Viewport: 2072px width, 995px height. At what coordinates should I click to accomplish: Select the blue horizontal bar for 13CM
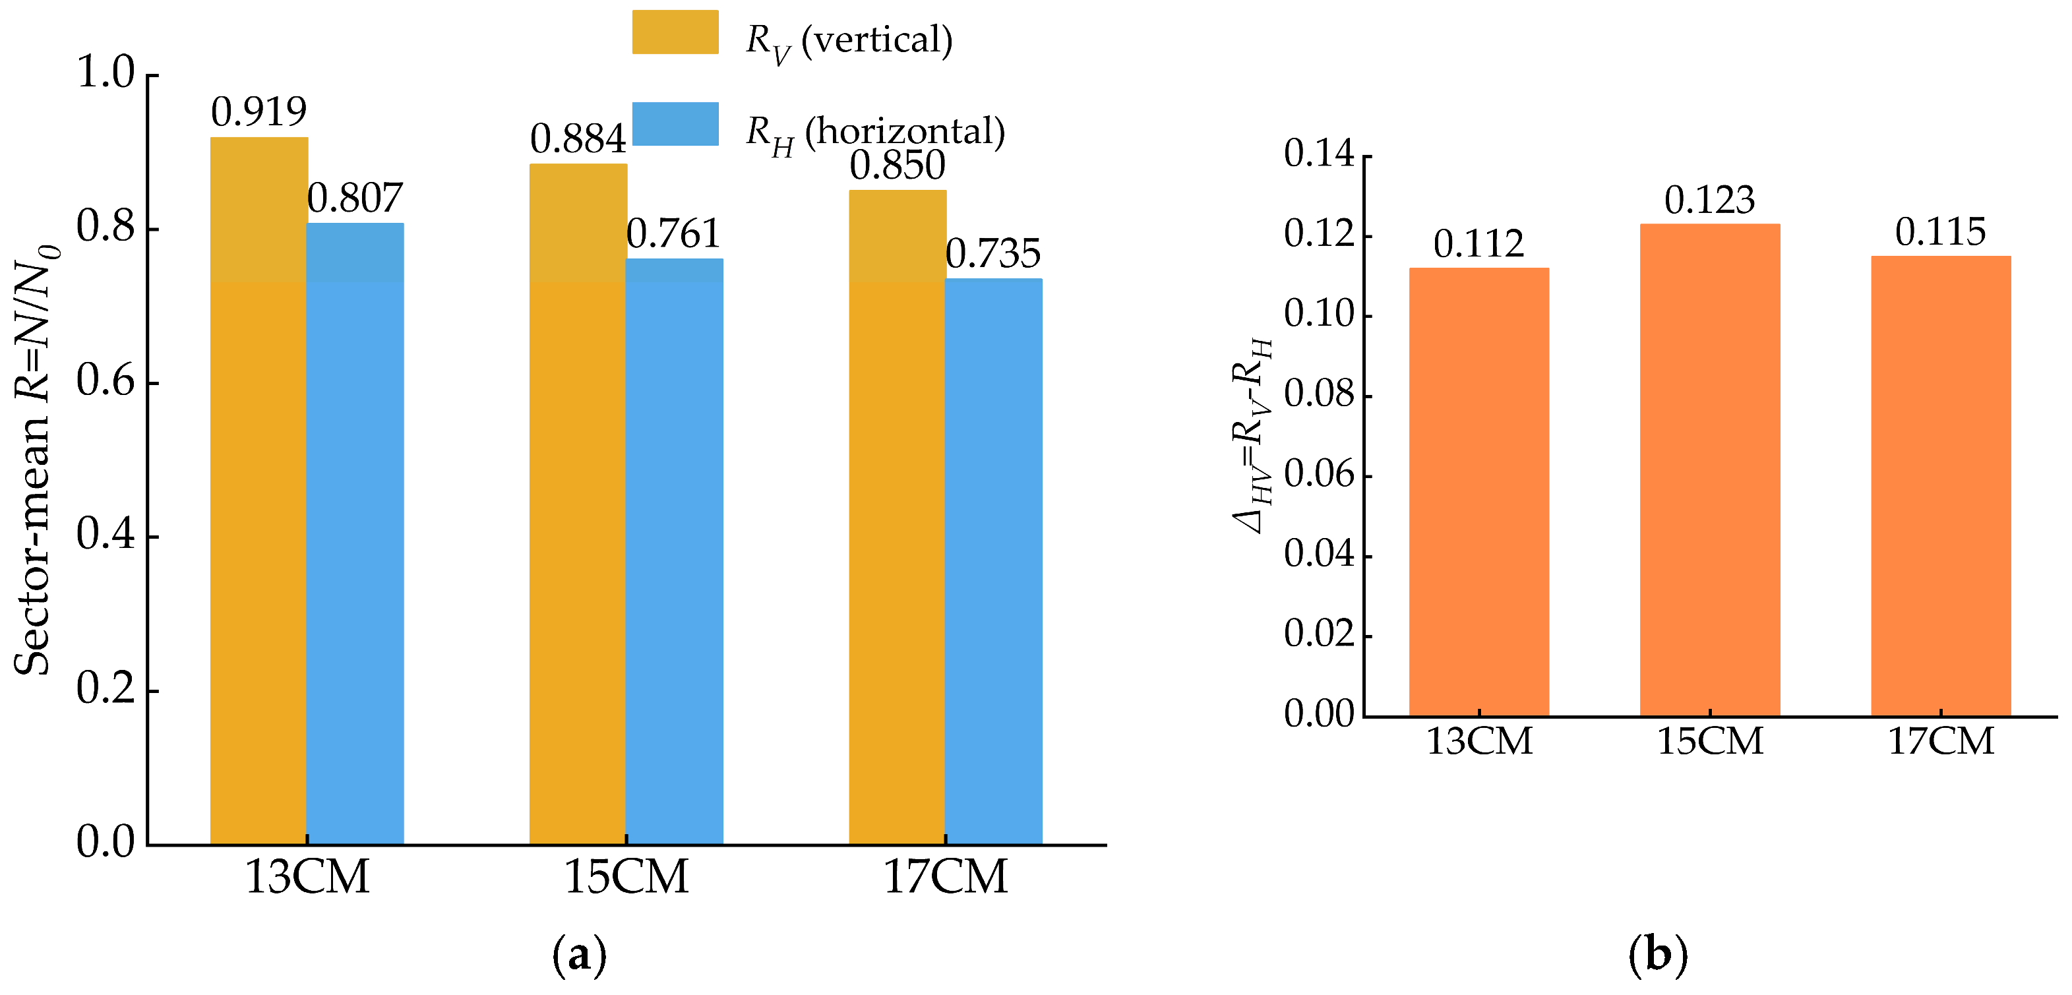tap(355, 533)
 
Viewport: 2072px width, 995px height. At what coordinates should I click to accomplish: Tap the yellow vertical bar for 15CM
tap(578, 504)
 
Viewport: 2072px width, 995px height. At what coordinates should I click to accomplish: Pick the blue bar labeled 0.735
tap(993, 560)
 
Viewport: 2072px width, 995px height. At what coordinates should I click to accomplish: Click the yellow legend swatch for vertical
tap(675, 32)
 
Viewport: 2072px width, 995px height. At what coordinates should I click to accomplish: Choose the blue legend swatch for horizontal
tap(675, 124)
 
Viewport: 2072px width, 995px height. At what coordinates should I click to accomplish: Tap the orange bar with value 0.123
tap(1710, 469)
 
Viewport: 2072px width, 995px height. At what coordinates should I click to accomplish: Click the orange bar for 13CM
tap(1478, 491)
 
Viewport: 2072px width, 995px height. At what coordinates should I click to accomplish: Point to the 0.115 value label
tap(1940, 233)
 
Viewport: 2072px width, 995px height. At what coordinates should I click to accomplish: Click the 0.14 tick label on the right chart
tap(1319, 154)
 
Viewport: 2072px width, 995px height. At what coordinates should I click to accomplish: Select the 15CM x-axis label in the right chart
tap(1710, 741)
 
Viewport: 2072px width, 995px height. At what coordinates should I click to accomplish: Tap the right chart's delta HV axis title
tap(1253, 435)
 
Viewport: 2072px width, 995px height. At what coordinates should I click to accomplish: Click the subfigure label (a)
tap(579, 955)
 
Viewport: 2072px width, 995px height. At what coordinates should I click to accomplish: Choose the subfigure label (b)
tap(1658, 955)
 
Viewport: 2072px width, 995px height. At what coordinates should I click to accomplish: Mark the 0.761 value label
tap(673, 234)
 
